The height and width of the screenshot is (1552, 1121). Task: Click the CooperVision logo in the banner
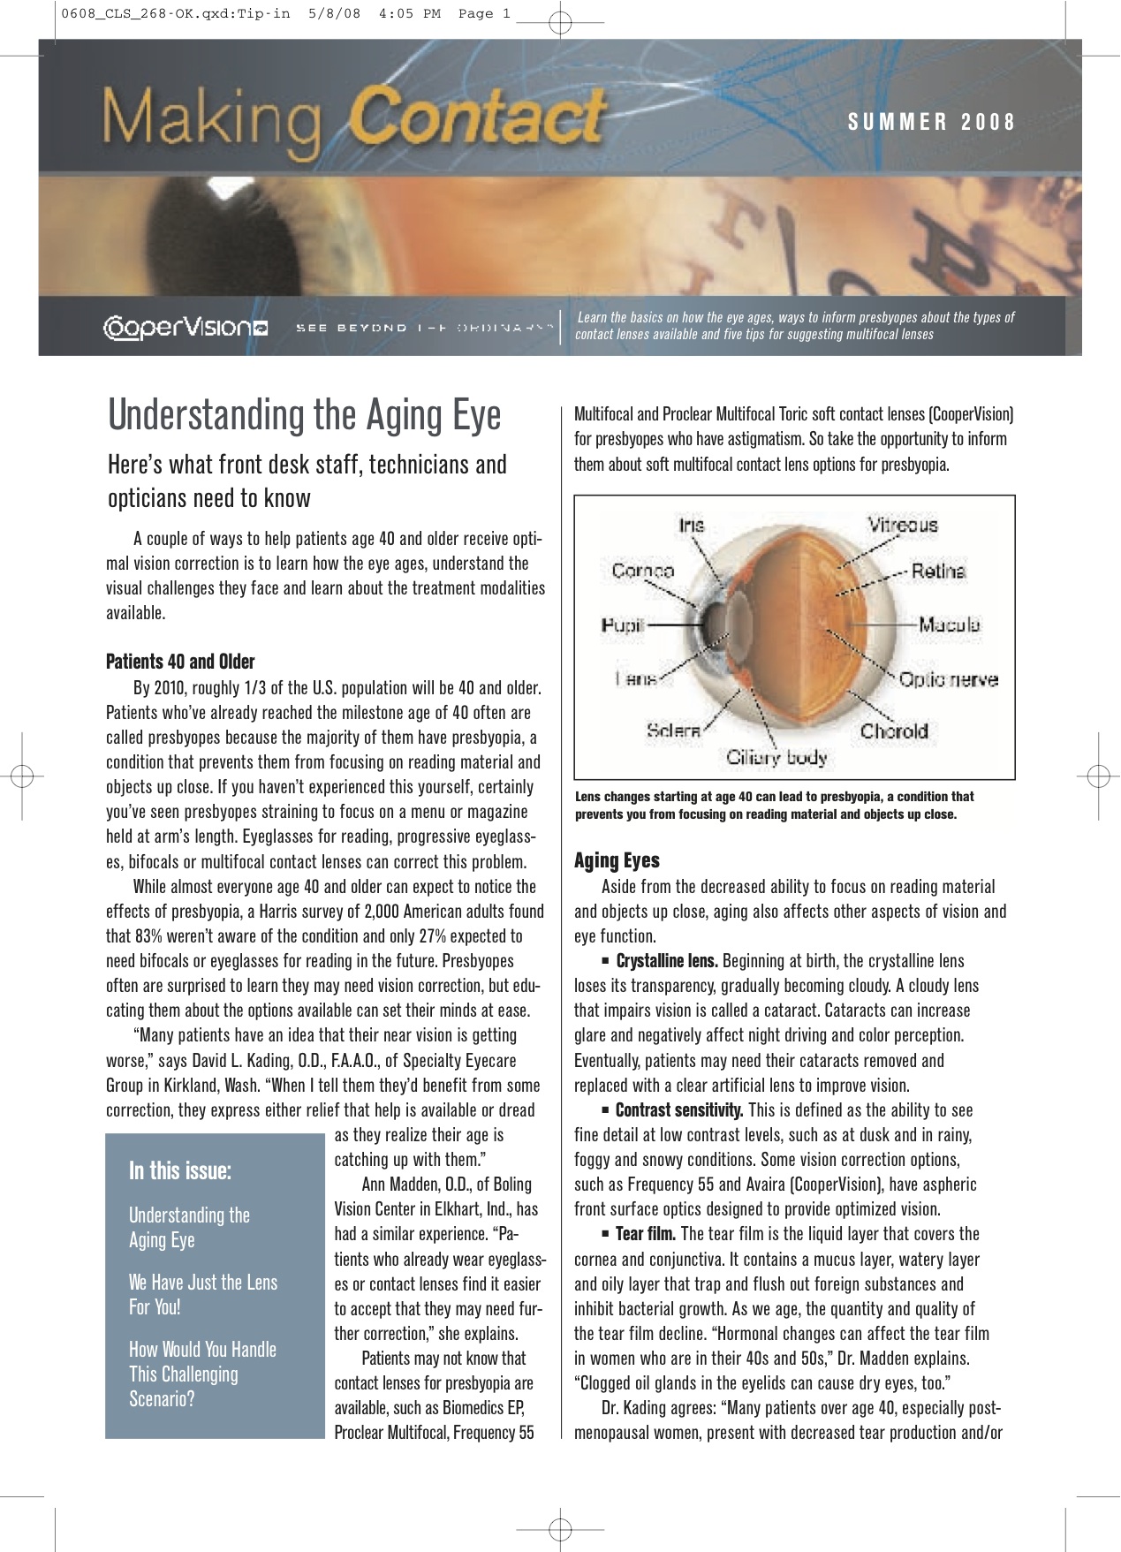point(186,328)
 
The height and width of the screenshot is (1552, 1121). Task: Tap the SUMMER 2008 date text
point(932,122)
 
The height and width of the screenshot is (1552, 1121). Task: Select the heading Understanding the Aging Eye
point(304,415)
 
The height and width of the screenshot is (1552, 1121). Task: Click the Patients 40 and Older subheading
point(180,662)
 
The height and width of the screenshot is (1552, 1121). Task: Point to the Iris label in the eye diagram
point(692,526)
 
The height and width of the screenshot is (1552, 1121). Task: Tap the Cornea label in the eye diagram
point(642,571)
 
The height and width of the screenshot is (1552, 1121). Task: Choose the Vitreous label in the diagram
point(902,525)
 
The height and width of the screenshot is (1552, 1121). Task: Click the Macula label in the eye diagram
point(949,625)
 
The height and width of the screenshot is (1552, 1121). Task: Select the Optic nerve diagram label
point(948,679)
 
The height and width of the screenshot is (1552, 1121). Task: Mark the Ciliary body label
point(776,757)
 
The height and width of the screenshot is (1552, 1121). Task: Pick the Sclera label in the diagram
point(673,731)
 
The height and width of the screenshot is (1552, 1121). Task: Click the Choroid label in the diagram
point(894,731)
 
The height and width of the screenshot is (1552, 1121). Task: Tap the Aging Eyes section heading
point(617,860)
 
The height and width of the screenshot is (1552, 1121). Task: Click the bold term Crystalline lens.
point(666,961)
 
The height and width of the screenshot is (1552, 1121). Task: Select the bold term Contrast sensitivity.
point(678,1110)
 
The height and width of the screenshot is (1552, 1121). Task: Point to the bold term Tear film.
point(645,1234)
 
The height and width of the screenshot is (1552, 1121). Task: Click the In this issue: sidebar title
point(180,1171)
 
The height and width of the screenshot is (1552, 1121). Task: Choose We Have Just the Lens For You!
point(202,1294)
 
